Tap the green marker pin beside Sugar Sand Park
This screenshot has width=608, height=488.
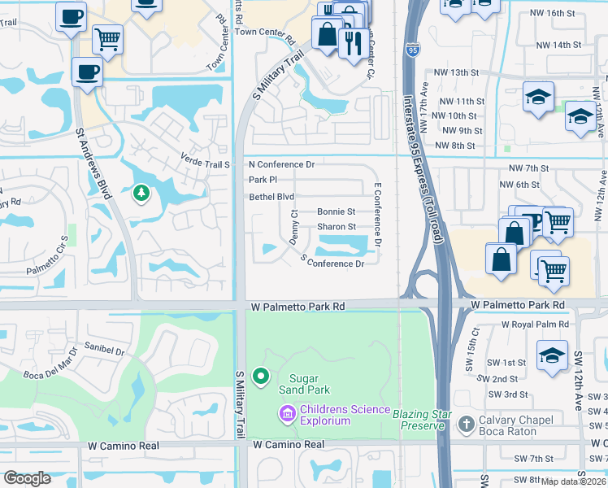[261, 376]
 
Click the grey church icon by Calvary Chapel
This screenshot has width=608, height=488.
[466, 424]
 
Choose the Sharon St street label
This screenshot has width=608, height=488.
[337, 227]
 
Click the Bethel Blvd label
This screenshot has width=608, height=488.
[271, 197]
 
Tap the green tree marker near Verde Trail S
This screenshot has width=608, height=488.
[141, 193]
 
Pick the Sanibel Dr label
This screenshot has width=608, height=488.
[103, 352]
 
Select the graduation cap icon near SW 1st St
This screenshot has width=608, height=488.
[551, 355]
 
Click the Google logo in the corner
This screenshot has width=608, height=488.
[27, 478]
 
